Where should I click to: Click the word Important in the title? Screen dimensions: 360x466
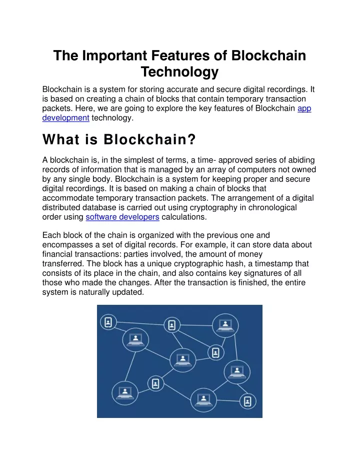point(114,56)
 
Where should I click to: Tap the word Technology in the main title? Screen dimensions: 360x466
point(179,72)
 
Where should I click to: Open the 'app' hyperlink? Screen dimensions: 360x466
point(304,109)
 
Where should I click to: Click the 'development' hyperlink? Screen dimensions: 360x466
point(65,118)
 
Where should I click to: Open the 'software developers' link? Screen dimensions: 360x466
point(122,217)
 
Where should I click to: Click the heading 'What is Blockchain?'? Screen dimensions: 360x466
point(119,139)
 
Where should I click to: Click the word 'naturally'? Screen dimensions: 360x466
point(94,292)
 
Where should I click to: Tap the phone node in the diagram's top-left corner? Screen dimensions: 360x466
point(108,322)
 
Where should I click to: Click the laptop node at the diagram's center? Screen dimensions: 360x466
point(183,360)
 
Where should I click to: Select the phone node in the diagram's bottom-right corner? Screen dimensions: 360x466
point(247,401)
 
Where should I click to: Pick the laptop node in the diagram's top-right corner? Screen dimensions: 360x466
point(225,325)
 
